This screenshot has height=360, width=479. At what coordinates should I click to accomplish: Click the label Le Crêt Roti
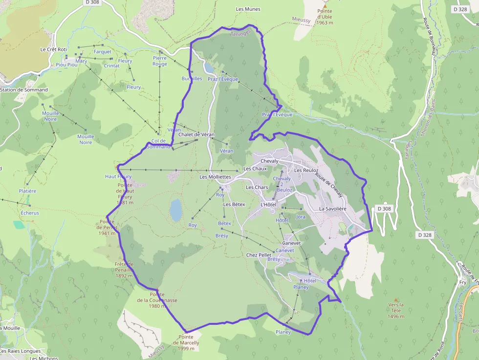pyautogui.click(x=53, y=49)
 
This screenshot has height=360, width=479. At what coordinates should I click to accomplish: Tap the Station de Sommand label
pyautogui.click(x=24, y=90)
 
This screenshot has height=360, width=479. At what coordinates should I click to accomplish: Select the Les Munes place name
pyautogui.click(x=248, y=9)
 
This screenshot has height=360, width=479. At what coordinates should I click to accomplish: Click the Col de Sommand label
pyautogui.click(x=159, y=144)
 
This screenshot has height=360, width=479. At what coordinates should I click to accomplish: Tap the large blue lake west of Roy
pyautogui.click(x=175, y=210)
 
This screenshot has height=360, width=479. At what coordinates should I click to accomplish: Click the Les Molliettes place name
pyautogui.click(x=215, y=177)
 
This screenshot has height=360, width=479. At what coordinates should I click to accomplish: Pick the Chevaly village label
pyautogui.click(x=269, y=161)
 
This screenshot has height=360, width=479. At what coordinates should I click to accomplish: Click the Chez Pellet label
pyautogui.click(x=259, y=255)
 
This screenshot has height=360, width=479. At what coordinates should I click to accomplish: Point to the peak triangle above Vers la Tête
pyautogui.click(x=396, y=300)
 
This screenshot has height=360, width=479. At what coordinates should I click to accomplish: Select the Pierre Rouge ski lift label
pyautogui.click(x=160, y=61)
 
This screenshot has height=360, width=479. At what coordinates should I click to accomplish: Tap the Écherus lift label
pyautogui.click(x=30, y=213)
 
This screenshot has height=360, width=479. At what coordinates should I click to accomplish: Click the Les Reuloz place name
pyautogui.click(x=306, y=170)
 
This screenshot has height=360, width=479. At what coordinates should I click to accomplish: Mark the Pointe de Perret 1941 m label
pyautogui.click(x=107, y=227)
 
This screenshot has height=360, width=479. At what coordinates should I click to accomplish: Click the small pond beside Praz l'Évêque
pyautogui.click(x=209, y=67)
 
